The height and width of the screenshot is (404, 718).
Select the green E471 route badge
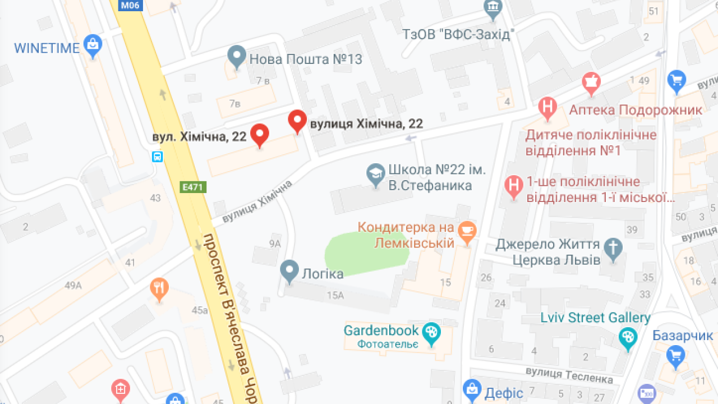pos(193,187)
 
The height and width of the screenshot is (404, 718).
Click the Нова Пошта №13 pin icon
pos(237,57)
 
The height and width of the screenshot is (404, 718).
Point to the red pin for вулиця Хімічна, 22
pos(297,121)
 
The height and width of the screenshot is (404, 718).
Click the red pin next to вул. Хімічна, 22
pos(259,135)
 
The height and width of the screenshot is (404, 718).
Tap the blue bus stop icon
pos(158,157)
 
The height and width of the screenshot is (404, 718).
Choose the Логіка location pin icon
pos(289,272)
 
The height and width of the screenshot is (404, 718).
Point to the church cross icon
pos(614,250)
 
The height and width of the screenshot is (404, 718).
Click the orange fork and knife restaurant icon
pos(159,289)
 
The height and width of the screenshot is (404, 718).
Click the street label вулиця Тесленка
pos(569,375)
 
